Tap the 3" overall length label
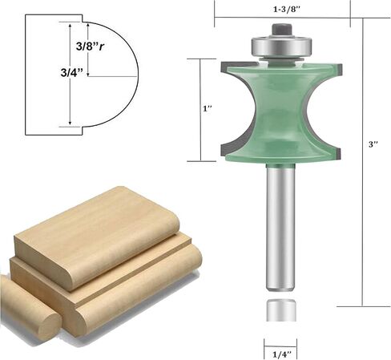click(x=373, y=144)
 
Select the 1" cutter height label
click(x=208, y=109)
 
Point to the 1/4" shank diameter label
click(x=280, y=355)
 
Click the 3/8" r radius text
click(x=90, y=47)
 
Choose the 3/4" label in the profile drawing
click(x=72, y=72)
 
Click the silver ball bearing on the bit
click(x=281, y=46)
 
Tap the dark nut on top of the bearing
click(x=281, y=30)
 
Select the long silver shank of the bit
click(x=281, y=227)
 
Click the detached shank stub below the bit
click(x=281, y=310)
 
